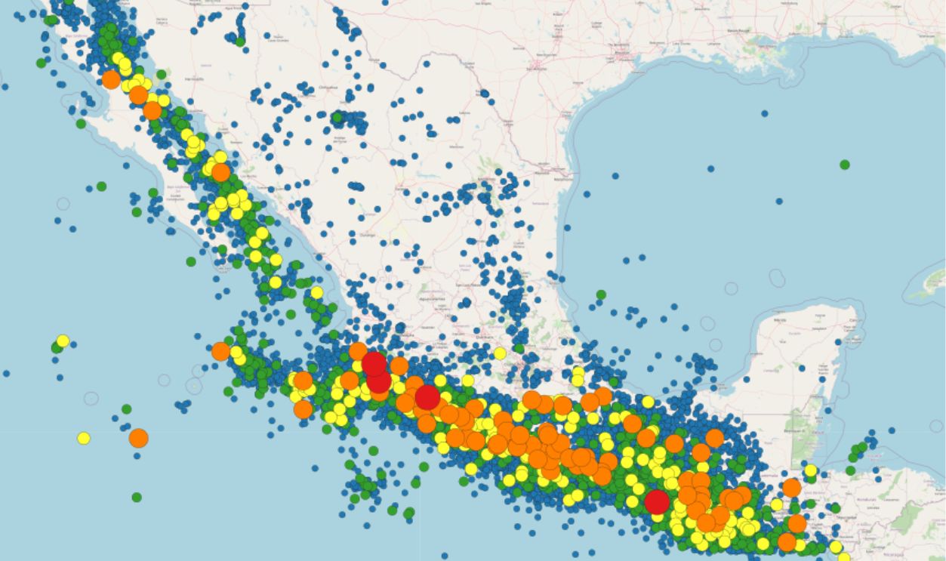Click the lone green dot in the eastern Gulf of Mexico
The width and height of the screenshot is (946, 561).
pyautogui.click(x=844, y=165)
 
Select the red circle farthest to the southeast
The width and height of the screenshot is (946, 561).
pyautogui.click(x=657, y=501)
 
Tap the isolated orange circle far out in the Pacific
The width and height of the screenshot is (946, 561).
pyautogui.click(x=138, y=438)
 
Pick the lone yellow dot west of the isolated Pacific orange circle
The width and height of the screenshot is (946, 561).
pyautogui.click(x=84, y=438)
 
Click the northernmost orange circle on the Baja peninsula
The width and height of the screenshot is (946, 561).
pyautogui.click(x=111, y=79)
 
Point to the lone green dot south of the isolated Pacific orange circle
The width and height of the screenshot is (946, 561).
pyautogui.click(x=137, y=497)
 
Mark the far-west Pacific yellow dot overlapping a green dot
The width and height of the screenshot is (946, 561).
pyautogui.click(x=63, y=341)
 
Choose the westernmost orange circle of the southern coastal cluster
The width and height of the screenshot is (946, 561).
pyautogui.click(x=220, y=351)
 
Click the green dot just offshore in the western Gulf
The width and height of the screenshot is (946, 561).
pyautogui.click(x=601, y=294)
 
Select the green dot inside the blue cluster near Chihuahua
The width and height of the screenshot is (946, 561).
pyautogui.click(x=337, y=117)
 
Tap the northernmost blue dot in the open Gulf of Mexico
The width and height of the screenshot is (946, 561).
pyautogui.click(x=764, y=113)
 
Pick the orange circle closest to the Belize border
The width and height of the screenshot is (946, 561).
pyautogui.click(x=791, y=488)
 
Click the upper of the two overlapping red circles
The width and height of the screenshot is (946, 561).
pyautogui.click(x=374, y=364)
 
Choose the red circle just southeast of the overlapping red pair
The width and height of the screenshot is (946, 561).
pyautogui.click(x=427, y=397)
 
